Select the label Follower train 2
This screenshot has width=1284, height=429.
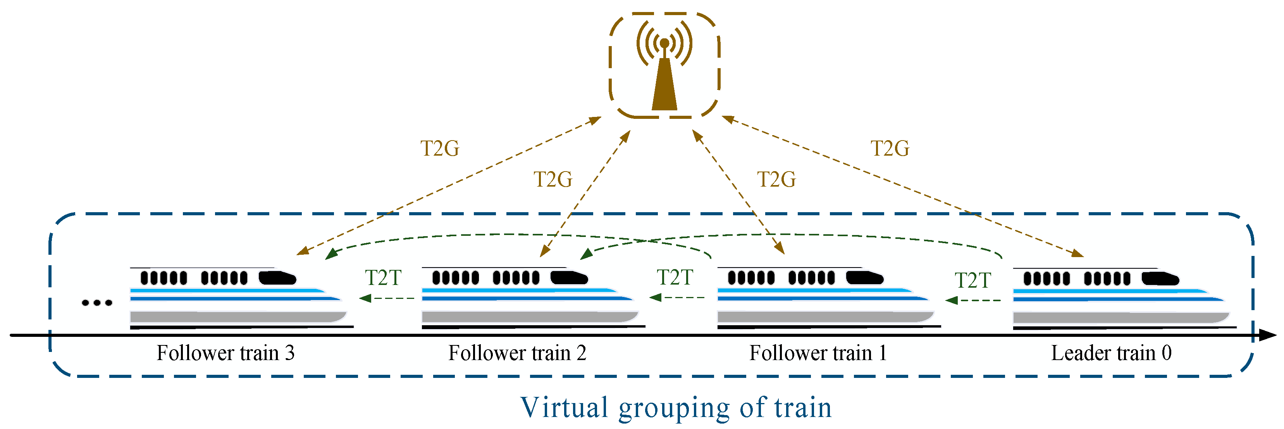pos(517,353)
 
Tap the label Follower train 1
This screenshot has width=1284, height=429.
pos(818,353)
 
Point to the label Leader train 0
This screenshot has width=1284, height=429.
pos(1111,353)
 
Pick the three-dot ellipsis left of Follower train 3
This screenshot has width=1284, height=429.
pos(97,302)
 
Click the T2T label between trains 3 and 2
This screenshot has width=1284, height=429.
pos(383,278)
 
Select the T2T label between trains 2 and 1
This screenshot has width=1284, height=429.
pos(675,277)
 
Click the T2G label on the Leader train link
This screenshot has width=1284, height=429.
pos(890,148)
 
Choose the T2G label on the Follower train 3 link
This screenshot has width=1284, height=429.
pos(440,148)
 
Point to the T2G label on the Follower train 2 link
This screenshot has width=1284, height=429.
pos(553,179)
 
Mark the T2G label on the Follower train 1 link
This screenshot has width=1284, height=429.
pos(776,179)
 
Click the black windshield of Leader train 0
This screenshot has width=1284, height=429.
pos(1160,278)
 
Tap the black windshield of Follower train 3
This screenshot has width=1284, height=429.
pos(277,278)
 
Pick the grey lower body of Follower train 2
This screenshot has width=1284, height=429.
pos(528,316)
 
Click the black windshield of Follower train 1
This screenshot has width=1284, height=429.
pos(864,278)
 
